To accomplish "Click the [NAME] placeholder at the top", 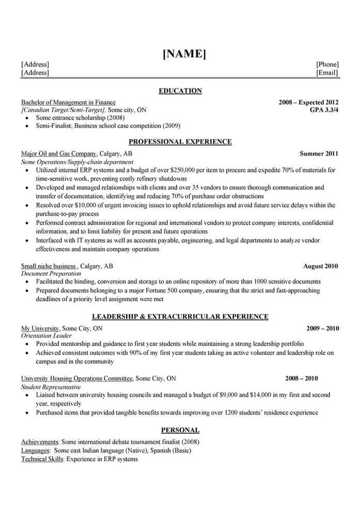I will coord(184,54).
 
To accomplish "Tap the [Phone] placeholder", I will coord(327,65).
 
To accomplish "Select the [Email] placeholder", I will coord(327,73).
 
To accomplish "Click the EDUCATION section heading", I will coord(180,91).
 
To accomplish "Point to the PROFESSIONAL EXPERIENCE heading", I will coord(180,141).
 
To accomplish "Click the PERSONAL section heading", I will coord(180,430).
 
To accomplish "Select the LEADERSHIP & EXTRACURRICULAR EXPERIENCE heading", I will coord(180,316).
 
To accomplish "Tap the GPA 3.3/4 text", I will coord(324,110).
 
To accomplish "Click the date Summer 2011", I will coord(319,154).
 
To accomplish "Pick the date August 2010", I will coord(320,266).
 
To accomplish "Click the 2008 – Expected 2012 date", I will coord(308,103).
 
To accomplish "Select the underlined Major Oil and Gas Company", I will coord(59,154).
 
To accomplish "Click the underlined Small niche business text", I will coord(49,266).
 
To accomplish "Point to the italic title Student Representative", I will coord(51,387).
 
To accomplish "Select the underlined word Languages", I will coord(35,451).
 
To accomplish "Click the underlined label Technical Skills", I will coord(42,459).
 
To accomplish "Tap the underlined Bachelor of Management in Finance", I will coord(68,103).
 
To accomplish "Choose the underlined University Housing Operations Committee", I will coord(77,378).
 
